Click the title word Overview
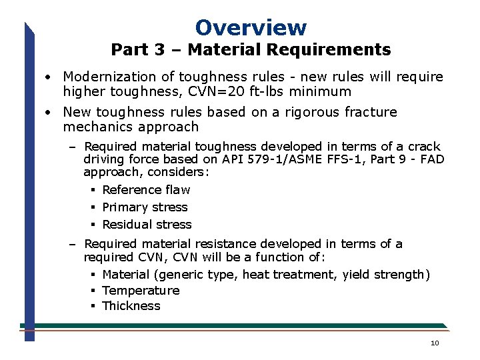pos(251,27)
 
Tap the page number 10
pos(435,343)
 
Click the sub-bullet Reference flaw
pos(146,190)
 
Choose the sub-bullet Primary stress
pos(145,207)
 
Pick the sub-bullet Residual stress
pos(147,225)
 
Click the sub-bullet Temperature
pos(141,291)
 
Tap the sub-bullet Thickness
pos(131,306)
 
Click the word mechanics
pos(95,127)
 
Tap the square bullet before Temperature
pos(93,291)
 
